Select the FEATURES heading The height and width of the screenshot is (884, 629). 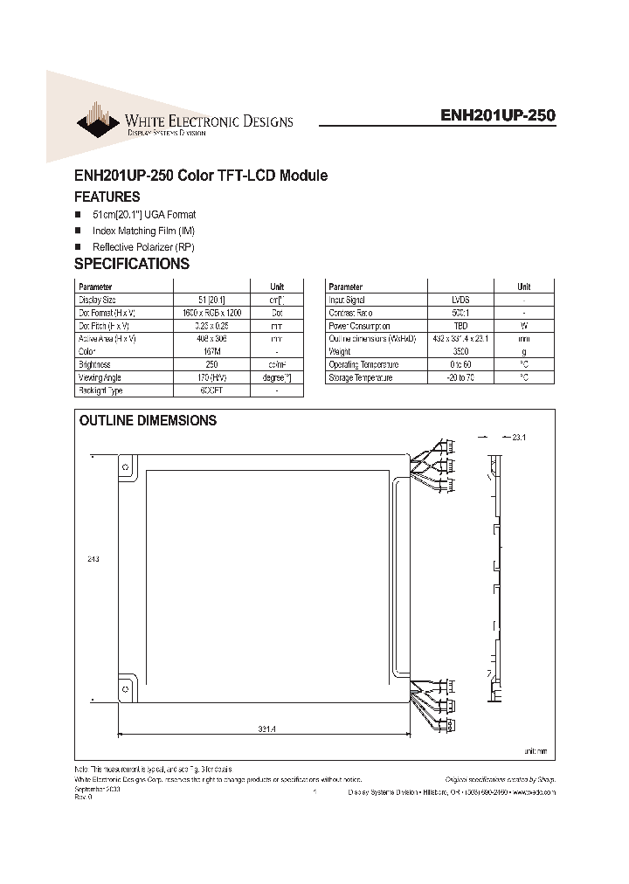coord(107,197)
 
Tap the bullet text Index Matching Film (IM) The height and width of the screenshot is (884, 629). coord(143,231)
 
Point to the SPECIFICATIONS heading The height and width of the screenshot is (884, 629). coord(131,264)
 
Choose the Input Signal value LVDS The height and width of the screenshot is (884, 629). coord(460,299)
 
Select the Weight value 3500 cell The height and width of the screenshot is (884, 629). coord(460,351)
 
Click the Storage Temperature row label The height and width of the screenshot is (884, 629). coord(361,377)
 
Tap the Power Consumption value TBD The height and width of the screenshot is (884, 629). coord(460,325)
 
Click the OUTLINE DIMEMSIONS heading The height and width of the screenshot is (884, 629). coord(148,420)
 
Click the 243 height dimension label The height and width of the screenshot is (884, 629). coord(94,560)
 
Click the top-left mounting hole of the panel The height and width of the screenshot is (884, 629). coord(126,467)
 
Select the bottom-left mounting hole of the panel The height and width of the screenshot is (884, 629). coord(126,687)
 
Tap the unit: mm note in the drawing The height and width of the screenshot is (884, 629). coord(536,751)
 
